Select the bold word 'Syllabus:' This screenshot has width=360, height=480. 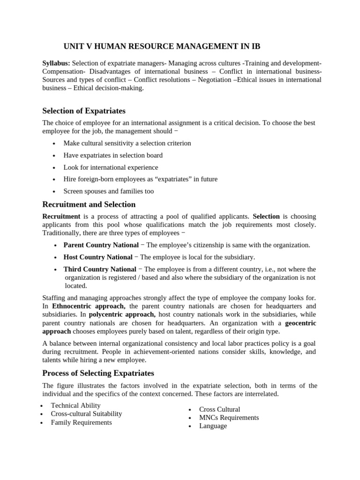(x=56, y=63)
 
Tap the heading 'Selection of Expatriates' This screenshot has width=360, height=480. (x=84, y=111)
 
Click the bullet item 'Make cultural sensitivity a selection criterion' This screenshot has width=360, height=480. (x=127, y=143)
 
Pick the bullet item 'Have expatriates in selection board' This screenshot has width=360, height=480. (x=113, y=155)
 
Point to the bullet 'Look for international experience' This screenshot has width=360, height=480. (x=111, y=167)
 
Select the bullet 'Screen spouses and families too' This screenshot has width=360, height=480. (x=108, y=191)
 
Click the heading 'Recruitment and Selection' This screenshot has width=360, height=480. (x=89, y=204)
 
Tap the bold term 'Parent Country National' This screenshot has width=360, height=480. (x=101, y=245)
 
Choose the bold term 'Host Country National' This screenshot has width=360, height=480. (x=97, y=257)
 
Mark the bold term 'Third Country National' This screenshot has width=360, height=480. (x=99, y=269)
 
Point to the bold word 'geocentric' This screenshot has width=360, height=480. (x=300, y=323)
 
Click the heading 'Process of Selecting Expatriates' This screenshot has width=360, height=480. (x=98, y=373)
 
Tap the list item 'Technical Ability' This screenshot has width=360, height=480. (x=75, y=405)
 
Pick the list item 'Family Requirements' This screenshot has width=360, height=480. (x=81, y=422)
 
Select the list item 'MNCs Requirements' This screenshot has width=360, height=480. (x=229, y=417)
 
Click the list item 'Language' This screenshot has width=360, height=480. (x=213, y=426)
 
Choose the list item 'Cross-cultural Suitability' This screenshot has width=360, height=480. (x=86, y=413)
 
